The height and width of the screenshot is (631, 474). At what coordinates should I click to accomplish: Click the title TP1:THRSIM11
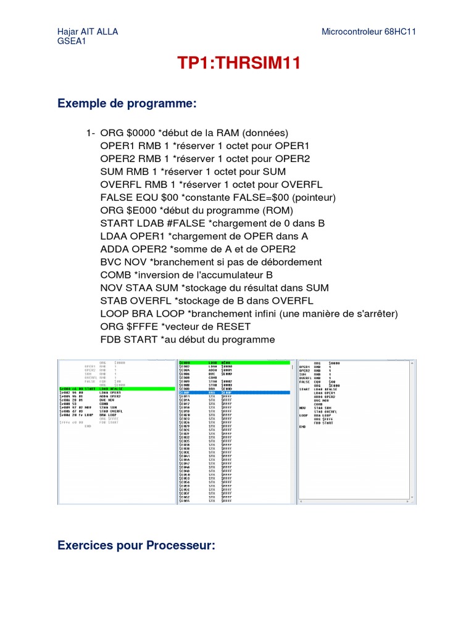pos(239,63)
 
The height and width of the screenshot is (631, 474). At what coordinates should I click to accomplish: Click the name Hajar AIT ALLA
pos(87,31)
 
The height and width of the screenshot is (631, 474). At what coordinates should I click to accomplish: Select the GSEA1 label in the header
pos(72,41)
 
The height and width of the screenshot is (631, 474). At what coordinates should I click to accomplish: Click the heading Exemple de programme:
pos(127,104)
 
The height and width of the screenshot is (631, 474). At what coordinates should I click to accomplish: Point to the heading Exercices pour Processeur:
pos(136,545)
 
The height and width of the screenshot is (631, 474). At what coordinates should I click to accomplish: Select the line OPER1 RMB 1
pos(204,145)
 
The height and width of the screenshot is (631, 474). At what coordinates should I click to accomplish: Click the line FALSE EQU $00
pos(218,197)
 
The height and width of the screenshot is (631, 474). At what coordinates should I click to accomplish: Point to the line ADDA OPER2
pos(197,249)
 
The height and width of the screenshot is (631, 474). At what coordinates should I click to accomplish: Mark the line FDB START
pos(188,340)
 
